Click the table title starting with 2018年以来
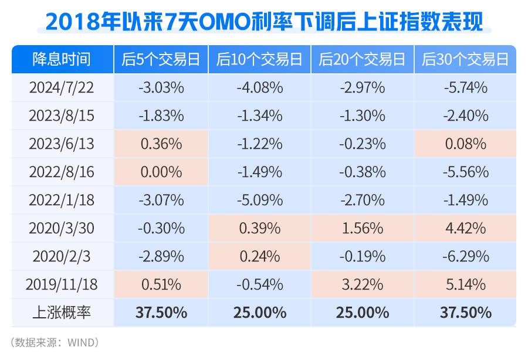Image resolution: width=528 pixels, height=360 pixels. point(264,22)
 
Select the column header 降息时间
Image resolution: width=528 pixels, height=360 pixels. point(62,60)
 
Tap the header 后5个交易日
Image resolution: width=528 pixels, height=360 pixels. point(161,60)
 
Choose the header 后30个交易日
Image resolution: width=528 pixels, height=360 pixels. point(465,60)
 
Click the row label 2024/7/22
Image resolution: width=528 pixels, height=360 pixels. point(62,88)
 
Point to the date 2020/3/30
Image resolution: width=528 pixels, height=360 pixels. point(62,228)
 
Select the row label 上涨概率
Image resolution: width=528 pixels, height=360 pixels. point(62,312)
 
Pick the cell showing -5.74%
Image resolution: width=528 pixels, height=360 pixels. point(465,88)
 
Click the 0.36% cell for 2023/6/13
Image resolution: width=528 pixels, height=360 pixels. point(161,144)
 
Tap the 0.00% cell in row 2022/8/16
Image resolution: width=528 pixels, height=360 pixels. point(161,172)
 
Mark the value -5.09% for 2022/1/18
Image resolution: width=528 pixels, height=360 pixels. point(260,200)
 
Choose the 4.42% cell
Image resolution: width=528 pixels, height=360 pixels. point(465,228)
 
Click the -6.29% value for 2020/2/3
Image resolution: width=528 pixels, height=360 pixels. point(465,256)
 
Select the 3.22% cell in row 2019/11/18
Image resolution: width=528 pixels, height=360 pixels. point(362,284)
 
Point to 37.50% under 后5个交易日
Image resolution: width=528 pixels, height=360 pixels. point(161,312)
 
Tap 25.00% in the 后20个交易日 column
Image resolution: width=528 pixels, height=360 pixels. point(362,312)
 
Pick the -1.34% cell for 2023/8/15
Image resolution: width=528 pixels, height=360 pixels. point(260,116)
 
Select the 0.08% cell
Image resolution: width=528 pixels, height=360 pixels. point(465,144)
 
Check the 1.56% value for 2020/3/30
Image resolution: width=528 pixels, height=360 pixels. point(362,228)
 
